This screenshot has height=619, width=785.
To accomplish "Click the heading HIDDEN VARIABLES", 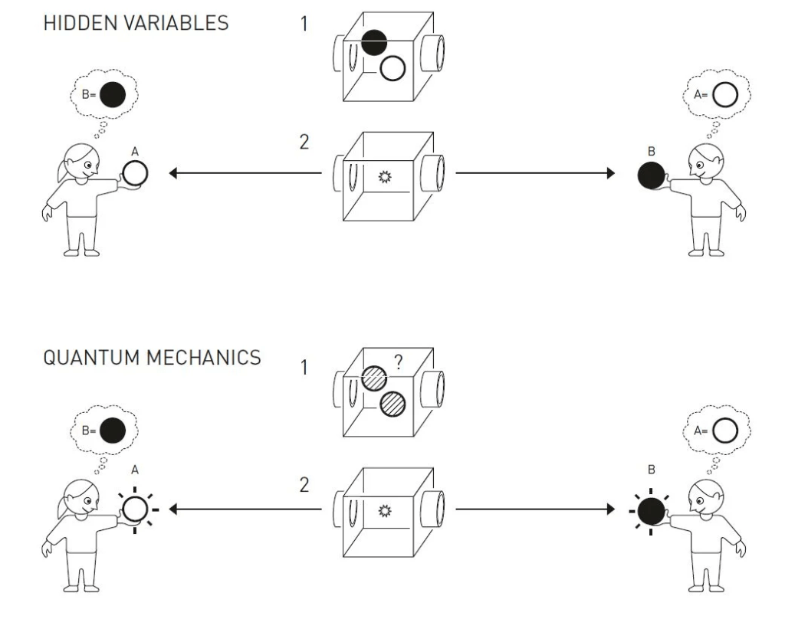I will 136,23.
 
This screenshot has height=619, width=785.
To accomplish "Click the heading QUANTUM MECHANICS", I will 152,358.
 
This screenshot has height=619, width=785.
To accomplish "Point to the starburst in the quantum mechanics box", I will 386,509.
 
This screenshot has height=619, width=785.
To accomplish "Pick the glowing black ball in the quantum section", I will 650,509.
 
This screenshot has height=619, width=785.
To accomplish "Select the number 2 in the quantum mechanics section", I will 304,485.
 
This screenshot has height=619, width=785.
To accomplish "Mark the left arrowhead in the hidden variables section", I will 173,174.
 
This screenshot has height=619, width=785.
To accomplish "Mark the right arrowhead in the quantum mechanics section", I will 610,507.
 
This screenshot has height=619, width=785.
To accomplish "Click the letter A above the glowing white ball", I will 135,475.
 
